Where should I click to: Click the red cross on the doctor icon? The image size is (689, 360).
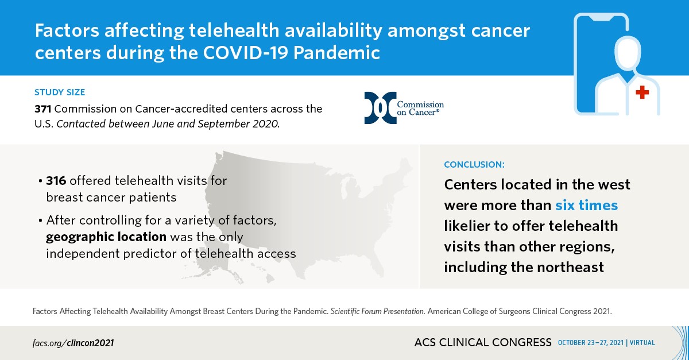[642, 92]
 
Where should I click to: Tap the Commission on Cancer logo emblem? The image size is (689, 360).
[380, 108]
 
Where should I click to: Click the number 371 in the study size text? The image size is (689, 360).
[43, 108]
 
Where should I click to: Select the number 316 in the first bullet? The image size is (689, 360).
[57, 181]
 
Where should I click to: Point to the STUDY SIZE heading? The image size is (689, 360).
[60, 92]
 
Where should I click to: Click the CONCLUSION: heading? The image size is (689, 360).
[474, 164]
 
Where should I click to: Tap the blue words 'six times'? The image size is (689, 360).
[586, 205]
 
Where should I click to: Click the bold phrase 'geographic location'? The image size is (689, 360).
[106, 237]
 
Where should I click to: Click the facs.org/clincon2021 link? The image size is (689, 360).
[73, 343]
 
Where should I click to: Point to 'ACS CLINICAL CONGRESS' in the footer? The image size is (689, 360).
[482, 343]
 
